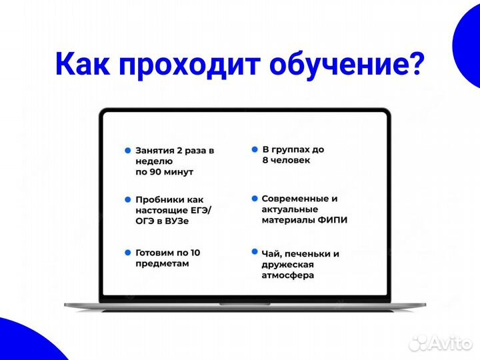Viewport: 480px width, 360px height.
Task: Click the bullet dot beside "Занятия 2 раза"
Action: pos(127,151)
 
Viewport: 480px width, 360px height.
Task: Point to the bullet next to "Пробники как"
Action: pos(127,199)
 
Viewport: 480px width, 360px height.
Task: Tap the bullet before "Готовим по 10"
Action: pos(127,253)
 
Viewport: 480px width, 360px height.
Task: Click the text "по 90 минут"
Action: pos(164,172)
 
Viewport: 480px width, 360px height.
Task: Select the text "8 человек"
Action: pos(286,161)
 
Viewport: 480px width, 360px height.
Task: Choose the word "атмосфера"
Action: pos(288,275)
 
